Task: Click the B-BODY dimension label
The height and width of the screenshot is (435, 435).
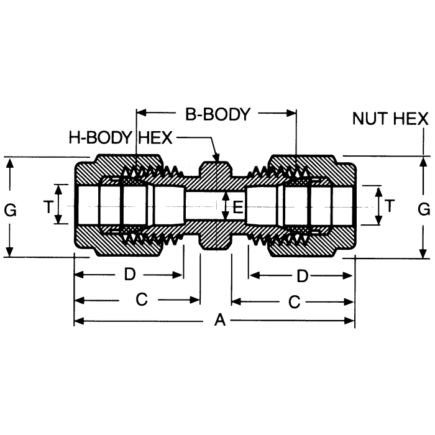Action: click(x=217, y=114)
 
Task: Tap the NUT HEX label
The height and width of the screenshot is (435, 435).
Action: click(x=390, y=118)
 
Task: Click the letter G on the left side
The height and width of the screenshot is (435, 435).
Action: click(x=10, y=210)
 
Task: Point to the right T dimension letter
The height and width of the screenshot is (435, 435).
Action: click(x=390, y=206)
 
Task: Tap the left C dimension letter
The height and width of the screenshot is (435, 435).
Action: click(x=141, y=300)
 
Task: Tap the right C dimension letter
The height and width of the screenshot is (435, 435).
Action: click(x=294, y=301)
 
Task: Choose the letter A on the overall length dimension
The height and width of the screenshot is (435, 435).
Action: click(x=219, y=321)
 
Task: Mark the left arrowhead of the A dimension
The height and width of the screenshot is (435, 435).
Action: click(x=78, y=321)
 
